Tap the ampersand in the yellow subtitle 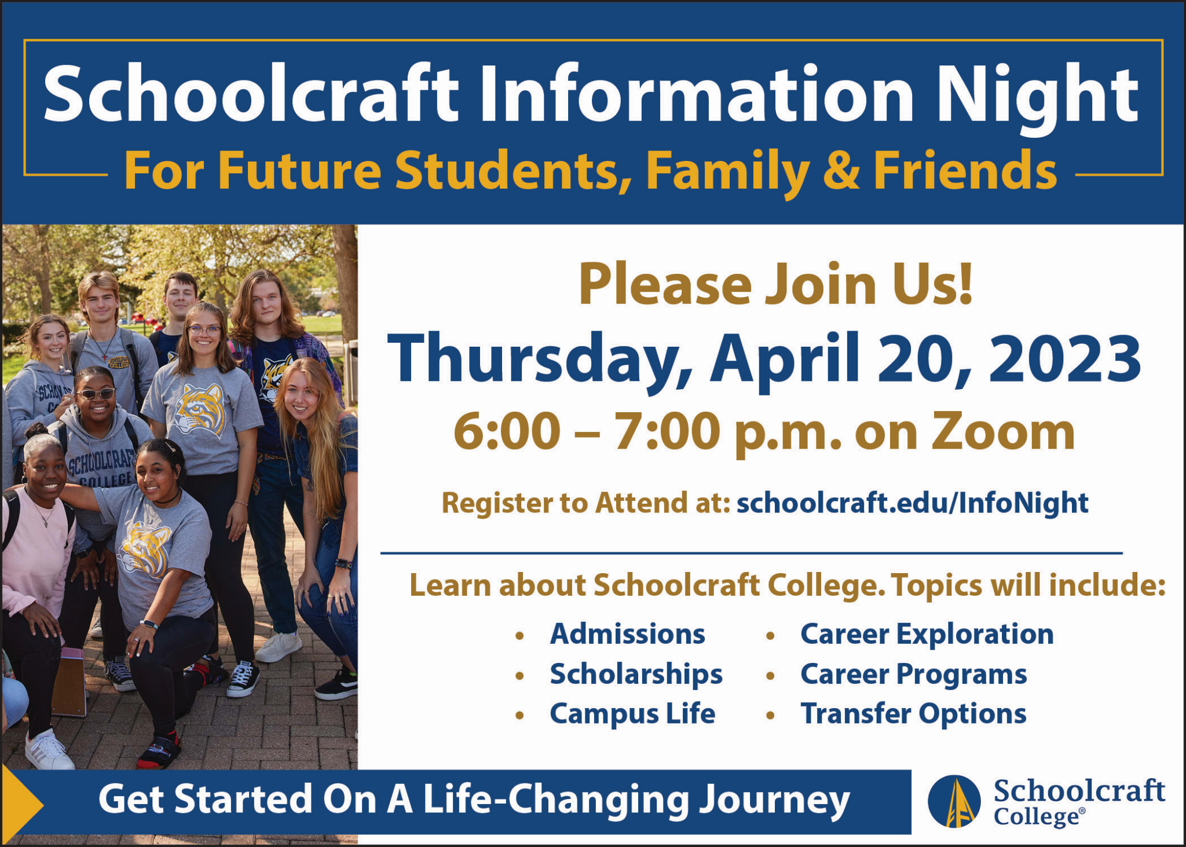pyautogui.click(x=841, y=171)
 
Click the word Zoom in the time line pyautogui.click(x=1002, y=432)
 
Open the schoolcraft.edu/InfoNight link pyautogui.click(x=912, y=503)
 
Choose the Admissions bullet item pyautogui.click(x=627, y=634)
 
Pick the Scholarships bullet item pyautogui.click(x=636, y=674)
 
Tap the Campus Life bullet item pyautogui.click(x=632, y=714)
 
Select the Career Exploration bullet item pyautogui.click(x=927, y=634)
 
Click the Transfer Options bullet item pyautogui.click(x=913, y=714)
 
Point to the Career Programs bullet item pyautogui.click(x=913, y=674)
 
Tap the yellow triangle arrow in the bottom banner pyautogui.click(x=22, y=802)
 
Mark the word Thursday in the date pyautogui.click(x=539, y=360)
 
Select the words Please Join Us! pyautogui.click(x=776, y=284)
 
